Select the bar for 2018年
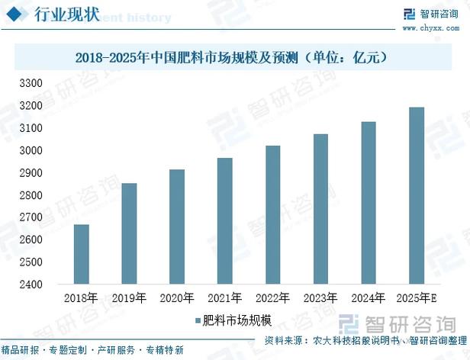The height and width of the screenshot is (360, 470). (81, 254)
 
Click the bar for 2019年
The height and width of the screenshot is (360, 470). (129, 233)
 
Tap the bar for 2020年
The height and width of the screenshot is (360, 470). (176, 227)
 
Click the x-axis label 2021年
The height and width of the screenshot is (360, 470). (224, 298)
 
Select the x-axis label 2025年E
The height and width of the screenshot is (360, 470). (417, 298)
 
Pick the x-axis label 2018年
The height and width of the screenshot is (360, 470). (81, 298)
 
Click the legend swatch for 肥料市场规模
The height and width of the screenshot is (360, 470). (197, 320)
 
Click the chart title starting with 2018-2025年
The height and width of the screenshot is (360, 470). (234, 56)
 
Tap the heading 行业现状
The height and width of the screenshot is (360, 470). (68, 14)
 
